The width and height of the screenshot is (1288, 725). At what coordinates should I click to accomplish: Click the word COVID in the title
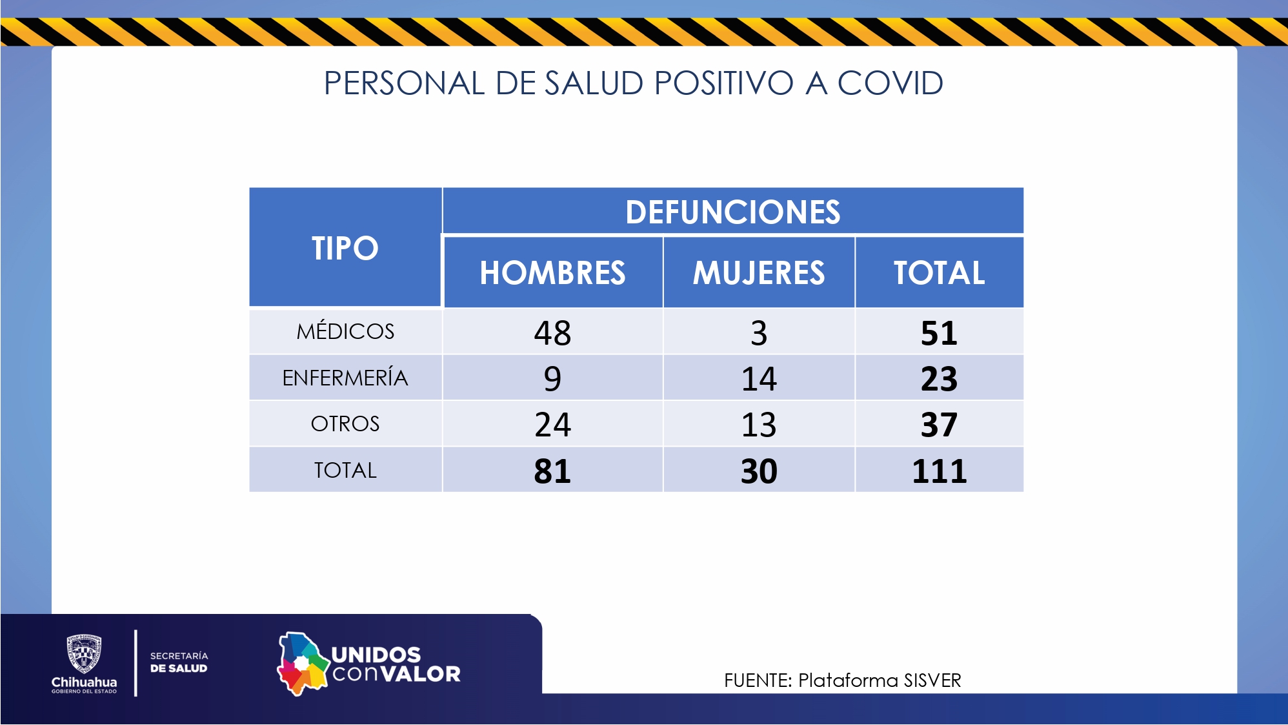(890, 83)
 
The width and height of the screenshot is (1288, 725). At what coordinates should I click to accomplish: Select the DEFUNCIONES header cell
(732, 212)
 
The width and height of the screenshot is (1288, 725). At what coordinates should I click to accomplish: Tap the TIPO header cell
(345, 248)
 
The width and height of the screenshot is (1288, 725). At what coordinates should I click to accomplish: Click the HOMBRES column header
(552, 272)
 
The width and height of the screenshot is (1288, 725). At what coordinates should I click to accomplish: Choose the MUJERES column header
(759, 272)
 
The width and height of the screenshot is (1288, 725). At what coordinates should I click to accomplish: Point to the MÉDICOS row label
(345, 331)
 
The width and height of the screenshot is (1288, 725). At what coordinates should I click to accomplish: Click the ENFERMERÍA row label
(345, 378)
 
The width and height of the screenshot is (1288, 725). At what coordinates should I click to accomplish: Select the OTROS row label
(345, 424)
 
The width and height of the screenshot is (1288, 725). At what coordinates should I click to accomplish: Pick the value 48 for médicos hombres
(552, 333)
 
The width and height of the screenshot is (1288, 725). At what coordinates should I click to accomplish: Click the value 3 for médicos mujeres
(759, 333)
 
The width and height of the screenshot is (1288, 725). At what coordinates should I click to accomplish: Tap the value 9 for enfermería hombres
(552, 379)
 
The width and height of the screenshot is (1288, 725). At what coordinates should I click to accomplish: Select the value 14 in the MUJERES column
(759, 379)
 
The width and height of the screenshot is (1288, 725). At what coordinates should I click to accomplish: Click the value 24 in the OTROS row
(552, 425)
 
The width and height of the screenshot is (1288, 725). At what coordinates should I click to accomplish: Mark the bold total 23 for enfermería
(939, 379)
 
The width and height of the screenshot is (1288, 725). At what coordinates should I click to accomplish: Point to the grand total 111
(939, 471)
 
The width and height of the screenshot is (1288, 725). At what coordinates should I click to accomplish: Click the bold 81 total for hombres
(552, 471)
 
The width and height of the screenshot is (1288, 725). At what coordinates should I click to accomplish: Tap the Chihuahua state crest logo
(84, 653)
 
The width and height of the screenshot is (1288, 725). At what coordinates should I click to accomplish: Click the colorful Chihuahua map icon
(302, 664)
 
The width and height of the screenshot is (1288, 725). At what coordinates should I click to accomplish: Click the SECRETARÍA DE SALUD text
(179, 662)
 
